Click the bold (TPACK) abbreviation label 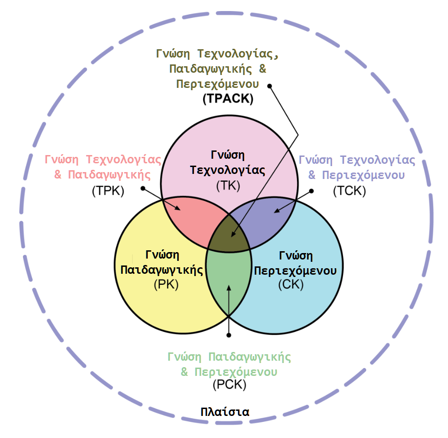[x=228, y=98]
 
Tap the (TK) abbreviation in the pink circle [x=228, y=185]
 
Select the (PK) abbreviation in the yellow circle [x=166, y=284]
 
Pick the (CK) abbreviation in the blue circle [x=291, y=284]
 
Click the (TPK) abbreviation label [x=108, y=190]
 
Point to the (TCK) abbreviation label [x=349, y=191]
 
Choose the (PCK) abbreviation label [x=229, y=385]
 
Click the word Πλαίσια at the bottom [x=225, y=411]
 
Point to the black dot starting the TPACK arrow [x=270, y=86]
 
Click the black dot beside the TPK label [x=143, y=188]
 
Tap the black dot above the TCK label [x=311, y=190]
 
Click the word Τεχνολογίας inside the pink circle [x=228, y=170]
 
